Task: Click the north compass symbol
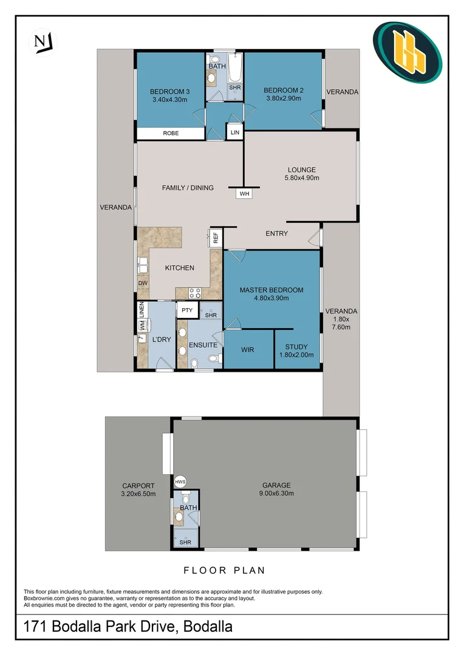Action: click(41, 41)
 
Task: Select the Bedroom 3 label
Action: click(168, 92)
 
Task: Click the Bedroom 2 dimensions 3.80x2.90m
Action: click(282, 99)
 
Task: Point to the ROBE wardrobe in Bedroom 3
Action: click(170, 133)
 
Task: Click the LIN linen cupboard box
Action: click(234, 132)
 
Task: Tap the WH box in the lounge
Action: click(244, 193)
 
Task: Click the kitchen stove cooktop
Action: click(196, 292)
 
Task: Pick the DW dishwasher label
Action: click(142, 283)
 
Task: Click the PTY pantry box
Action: click(187, 311)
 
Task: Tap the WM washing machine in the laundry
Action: click(142, 325)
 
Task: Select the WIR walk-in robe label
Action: click(247, 349)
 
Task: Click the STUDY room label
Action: click(296, 347)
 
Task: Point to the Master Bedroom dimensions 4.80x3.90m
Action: click(271, 298)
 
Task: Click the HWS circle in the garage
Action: click(180, 482)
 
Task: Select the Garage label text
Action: click(276, 485)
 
